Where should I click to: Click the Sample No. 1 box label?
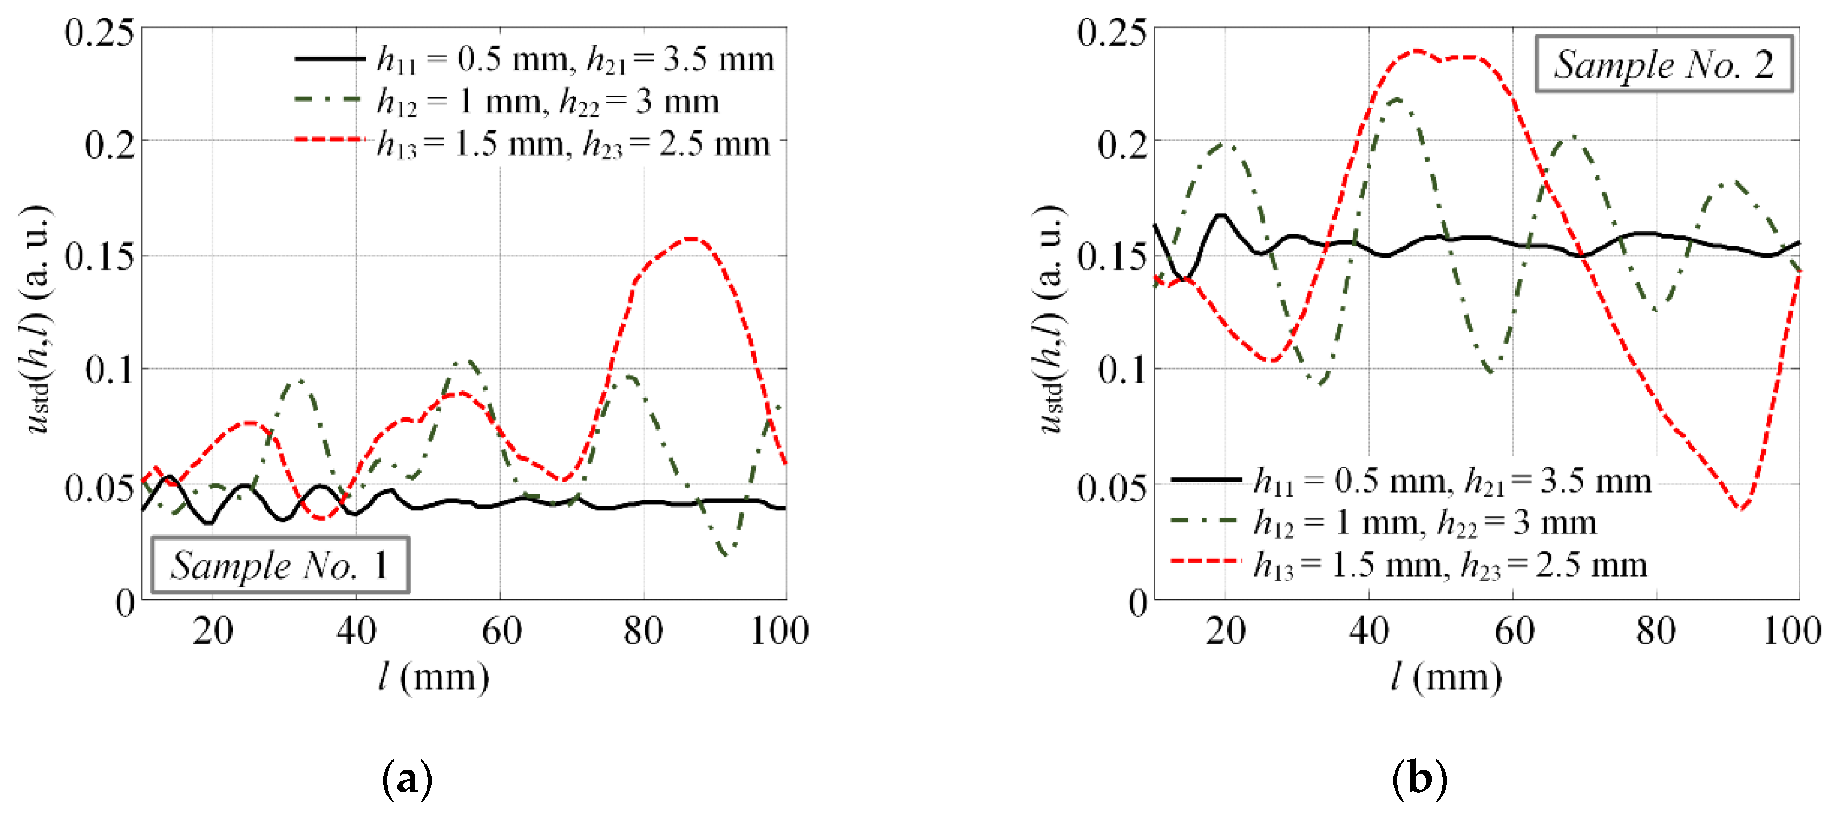279,565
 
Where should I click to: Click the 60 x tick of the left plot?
501,631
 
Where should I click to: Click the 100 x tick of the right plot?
1791,631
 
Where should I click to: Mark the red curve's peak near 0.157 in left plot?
692,239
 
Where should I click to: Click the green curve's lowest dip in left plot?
725,554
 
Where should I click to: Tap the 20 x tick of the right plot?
1225,631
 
